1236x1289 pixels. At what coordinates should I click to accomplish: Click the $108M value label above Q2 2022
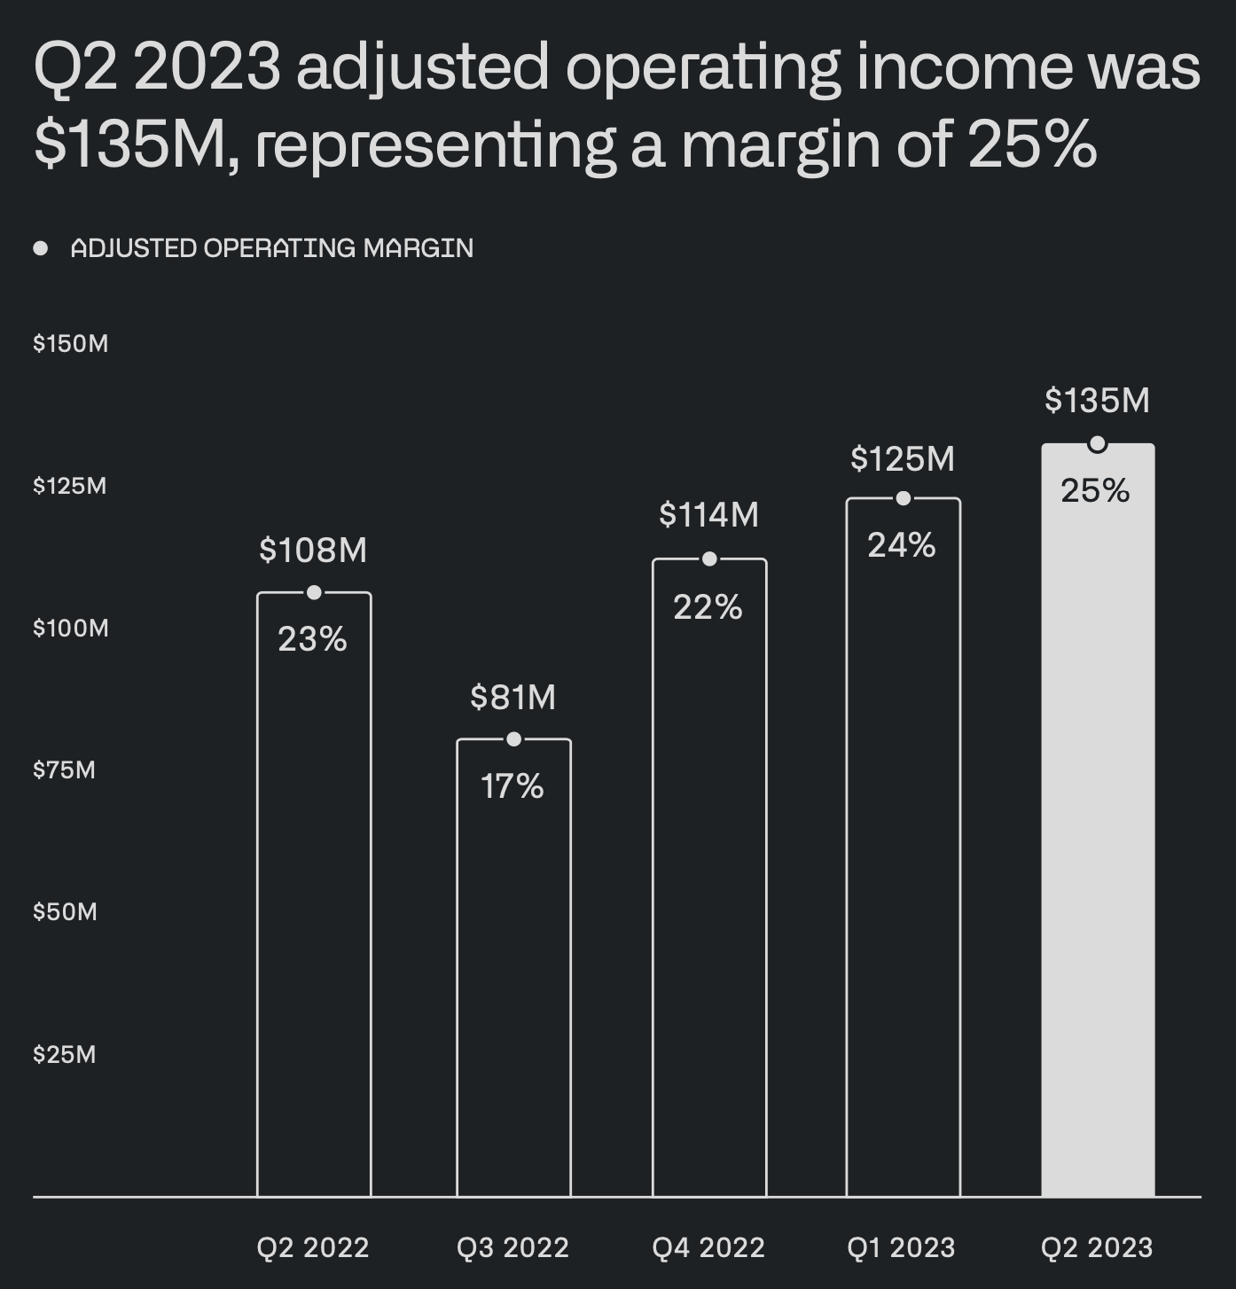point(313,551)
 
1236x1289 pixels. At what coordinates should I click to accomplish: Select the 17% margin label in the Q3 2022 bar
point(512,786)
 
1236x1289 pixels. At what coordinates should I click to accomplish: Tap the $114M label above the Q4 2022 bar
point(708,515)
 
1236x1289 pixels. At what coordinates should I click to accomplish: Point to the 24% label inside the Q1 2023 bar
point(902,545)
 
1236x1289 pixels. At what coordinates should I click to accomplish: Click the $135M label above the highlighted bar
point(1097,401)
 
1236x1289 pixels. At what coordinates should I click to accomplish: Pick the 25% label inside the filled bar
point(1096,490)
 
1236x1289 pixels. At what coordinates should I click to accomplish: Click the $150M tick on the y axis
point(71,344)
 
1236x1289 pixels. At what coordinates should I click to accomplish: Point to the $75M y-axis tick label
point(64,769)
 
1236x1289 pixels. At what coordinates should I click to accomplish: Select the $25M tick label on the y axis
point(64,1054)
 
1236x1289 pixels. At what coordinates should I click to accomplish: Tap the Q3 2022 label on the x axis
point(512,1248)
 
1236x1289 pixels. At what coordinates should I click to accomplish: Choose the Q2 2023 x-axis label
point(1097,1248)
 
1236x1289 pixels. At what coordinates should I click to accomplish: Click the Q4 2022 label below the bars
point(708,1248)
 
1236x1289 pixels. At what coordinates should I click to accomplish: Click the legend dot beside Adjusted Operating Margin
point(41,248)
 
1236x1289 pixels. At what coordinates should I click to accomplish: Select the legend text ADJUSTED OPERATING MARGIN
point(271,248)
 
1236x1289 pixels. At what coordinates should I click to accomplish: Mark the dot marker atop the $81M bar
point(513,739)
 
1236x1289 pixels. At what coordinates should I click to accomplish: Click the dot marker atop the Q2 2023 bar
point(1098,444)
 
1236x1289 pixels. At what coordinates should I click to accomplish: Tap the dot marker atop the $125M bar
point(904,498)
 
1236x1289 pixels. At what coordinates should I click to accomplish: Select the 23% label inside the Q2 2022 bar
point(312,639)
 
